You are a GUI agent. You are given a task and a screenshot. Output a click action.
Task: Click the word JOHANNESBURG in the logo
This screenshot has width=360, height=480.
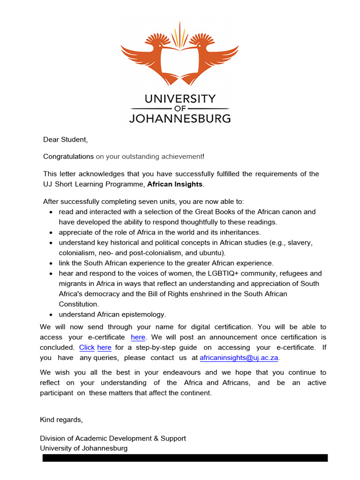click(x=180, y=118)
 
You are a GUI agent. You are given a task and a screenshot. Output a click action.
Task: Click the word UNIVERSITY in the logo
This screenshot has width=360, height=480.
click(x=180, y=99)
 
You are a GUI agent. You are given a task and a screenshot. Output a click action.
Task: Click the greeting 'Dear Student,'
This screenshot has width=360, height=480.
click(x=65, y=139)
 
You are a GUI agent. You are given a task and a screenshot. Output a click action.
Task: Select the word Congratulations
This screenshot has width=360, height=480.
click(x=68, y=156)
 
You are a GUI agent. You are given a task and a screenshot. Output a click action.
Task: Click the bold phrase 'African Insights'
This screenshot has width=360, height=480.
click(x=175, y=184)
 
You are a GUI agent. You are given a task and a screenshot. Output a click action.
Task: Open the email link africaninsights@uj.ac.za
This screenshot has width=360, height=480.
click(x=239, y=358)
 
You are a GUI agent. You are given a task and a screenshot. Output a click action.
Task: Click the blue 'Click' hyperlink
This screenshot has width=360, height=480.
click(x=87, y=347)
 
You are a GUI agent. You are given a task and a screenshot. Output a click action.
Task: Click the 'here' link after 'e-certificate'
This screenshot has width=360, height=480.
click(x=138, y=337)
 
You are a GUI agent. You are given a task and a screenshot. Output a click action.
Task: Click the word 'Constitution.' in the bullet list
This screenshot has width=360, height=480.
click(x=79, y=304)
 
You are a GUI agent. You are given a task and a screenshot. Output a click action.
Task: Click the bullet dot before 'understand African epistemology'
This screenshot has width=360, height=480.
click(x=51, y=315)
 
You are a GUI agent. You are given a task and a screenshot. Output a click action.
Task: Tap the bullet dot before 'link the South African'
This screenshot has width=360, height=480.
click(x=51, y=263)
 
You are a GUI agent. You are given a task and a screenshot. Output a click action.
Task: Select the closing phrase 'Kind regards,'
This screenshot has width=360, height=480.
click(x=61, y=420)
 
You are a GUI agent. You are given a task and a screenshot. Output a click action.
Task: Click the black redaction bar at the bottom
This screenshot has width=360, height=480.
click(x=185, y=458)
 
